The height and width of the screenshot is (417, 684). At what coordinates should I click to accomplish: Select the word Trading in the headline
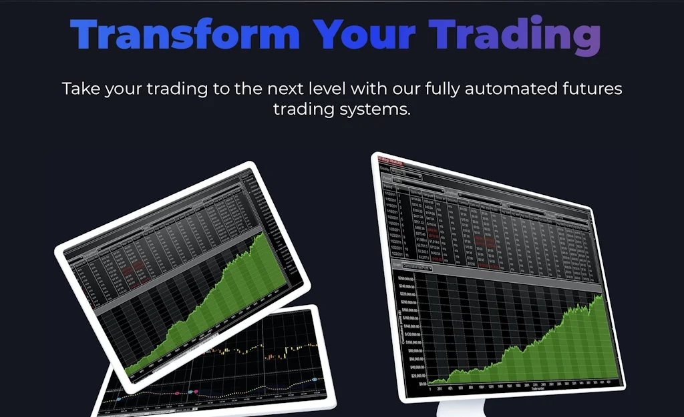coord(515,35)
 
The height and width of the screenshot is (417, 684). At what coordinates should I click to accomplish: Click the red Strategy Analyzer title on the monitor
coord(393,159)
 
